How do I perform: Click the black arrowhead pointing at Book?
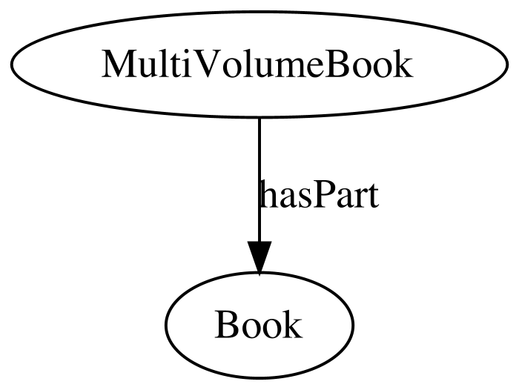[259, 257]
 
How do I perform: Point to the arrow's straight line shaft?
[259, 179]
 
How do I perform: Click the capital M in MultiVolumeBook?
[119, 64]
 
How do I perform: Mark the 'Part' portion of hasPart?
[344, 195]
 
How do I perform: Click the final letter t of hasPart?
[371, 196]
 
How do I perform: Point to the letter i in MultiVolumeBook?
[185, 63]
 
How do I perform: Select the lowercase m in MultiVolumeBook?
[291, 68]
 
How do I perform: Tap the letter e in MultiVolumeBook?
[317, 68]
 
